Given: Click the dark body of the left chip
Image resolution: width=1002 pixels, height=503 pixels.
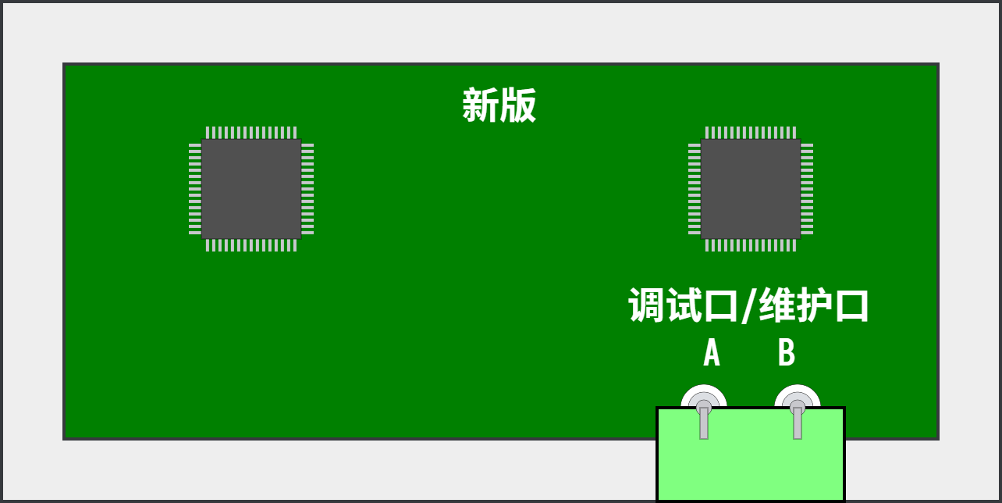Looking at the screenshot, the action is (251, 189).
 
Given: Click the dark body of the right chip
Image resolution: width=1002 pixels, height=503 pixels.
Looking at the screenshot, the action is (751, 189).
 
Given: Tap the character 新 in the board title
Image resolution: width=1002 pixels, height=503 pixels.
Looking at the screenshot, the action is (480, 105).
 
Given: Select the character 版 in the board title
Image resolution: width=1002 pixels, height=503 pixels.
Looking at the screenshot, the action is (517, 105).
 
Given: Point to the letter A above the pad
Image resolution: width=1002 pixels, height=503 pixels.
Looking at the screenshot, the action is (712, 352).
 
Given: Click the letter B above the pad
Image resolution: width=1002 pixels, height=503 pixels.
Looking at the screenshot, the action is (787, 352).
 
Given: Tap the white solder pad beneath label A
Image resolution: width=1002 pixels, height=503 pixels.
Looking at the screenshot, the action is (704, 396).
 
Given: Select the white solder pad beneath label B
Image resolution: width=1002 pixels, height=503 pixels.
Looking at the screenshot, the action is (797, 396).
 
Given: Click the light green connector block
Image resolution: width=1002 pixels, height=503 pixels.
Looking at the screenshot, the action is (751, 455).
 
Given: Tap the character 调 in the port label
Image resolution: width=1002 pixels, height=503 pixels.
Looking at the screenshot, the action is (646, 305).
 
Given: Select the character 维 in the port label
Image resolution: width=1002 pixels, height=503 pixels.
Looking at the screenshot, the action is (777, 305).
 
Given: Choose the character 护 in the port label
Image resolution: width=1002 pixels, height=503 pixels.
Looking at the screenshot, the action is (815, 305).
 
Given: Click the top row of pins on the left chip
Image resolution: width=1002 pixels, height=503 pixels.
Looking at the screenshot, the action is (251, 133).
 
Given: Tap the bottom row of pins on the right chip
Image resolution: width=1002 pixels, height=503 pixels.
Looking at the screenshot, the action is (751, 245).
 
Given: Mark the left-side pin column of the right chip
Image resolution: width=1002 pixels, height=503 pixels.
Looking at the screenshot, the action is (695, 189).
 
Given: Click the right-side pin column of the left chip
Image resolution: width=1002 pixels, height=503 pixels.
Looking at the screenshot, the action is (307, 189).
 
